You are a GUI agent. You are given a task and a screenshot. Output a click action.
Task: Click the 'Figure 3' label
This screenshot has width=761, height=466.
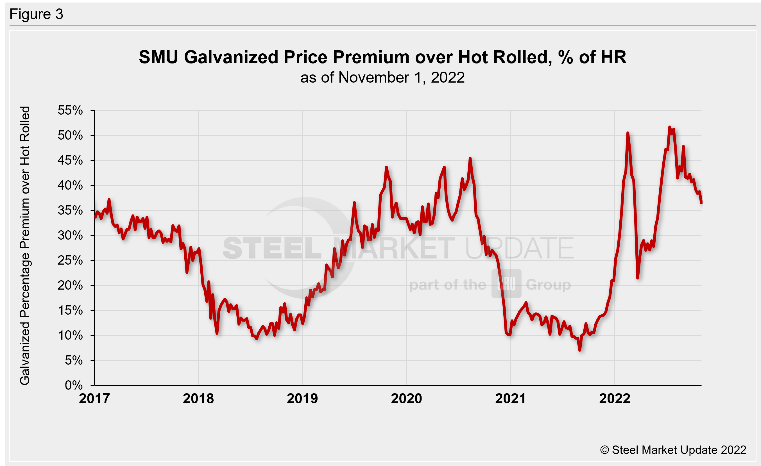(36, 14)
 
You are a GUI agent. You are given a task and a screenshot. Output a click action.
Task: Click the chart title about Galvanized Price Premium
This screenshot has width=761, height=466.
(382, 57)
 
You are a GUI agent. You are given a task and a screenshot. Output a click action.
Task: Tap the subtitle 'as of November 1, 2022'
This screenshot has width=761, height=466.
(382, 78)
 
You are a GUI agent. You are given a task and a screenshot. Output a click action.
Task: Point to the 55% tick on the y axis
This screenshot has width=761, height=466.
(70, 110)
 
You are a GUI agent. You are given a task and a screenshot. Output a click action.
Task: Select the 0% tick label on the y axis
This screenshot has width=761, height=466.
(74, 385)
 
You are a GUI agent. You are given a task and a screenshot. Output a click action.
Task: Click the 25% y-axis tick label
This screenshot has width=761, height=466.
(70, 260)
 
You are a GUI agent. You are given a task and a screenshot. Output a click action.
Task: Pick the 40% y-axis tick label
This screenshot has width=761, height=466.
(70, 185)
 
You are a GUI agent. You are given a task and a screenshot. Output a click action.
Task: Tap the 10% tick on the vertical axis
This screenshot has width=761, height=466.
(70, 335)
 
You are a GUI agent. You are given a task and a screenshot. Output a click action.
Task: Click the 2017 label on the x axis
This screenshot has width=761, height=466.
(94, 399)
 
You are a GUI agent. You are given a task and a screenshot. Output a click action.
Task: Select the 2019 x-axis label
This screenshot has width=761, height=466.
(302, 399)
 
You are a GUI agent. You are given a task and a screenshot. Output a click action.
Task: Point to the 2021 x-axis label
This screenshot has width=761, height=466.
(510, 399)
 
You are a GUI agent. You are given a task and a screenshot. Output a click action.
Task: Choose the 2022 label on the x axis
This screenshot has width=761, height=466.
(614, 399)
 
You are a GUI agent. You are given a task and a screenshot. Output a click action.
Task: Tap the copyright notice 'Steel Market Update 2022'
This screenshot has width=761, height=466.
(673, 450)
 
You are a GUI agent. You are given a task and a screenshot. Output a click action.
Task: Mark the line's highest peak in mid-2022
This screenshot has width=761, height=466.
(670, 127)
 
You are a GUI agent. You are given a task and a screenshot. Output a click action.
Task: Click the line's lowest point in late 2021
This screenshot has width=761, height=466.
(580, 350)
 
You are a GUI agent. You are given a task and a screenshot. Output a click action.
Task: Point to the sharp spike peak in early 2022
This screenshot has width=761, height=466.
(628, 133)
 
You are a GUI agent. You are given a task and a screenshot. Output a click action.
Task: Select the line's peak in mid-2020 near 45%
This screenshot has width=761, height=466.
(470, 158)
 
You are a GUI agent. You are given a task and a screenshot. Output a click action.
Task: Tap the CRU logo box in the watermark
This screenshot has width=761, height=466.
(506, 283)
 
